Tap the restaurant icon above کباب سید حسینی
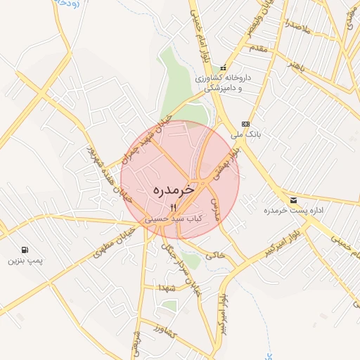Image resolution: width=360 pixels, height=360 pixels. [x=174, y=207]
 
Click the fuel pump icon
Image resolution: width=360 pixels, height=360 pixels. [x=25, y=249]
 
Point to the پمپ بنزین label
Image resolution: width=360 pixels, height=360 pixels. [x=25, y=261]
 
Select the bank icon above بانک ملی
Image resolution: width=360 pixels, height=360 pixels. [x=245, y=124]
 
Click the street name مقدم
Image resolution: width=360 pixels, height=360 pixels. [x=258, y=48]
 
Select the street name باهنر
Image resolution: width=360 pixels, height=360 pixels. [x=289, y=67]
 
